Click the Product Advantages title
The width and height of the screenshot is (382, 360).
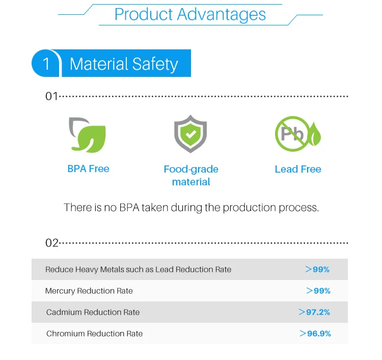click(190, 14)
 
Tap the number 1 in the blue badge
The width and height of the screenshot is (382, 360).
click(46, 64)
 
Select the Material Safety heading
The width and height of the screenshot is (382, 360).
click(124, 64)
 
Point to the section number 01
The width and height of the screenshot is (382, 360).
click(51, 96)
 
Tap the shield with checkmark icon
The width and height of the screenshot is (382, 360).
click(190, 134)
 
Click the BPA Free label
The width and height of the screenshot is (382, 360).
click(88, 169)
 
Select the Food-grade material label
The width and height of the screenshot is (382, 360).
click(191, 175)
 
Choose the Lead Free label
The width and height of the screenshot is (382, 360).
click(298, 169)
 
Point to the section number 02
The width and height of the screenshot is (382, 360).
click(52, 243)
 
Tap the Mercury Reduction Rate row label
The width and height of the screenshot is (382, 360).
click(89, 291)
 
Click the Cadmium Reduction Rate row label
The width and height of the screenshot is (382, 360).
click(93, 312)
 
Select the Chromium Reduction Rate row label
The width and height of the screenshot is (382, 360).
click(94, 334)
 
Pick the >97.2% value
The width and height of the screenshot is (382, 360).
click(314, 312)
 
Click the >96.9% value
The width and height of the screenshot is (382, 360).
click(315, 334)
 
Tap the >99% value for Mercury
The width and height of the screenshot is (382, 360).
click(318, 291)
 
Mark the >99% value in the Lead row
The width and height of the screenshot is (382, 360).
click(317, 269)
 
